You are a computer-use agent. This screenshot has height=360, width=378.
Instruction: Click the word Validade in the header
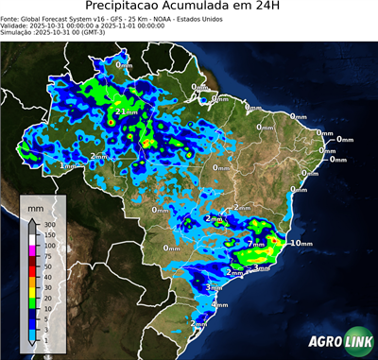[x=16, y=25]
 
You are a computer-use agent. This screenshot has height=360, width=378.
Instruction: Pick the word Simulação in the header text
[x=17, y=32]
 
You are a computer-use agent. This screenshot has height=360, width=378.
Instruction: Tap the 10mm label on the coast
[x=301, y=243]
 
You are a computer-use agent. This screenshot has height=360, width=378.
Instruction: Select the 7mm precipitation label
[x=256, y=244]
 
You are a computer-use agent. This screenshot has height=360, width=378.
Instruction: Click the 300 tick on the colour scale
[x=50, y=225]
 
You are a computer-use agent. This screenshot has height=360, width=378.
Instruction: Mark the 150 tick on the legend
[x=50, y=235]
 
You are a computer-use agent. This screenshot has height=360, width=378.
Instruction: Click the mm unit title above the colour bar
[x=35, y=206]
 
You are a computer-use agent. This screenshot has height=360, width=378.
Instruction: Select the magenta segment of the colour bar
[x=32, y=250]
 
